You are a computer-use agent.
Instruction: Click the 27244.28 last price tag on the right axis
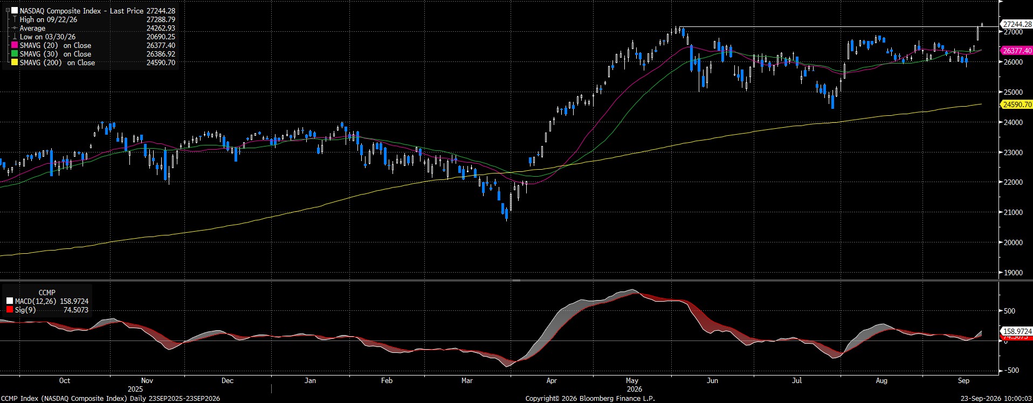(x=1017, y=24)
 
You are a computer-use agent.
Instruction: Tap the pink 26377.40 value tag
(x=1017, y=51)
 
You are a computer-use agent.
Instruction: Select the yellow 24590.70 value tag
(x=1017, y=105)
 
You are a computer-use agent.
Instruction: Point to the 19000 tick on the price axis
(x=1013, y=273)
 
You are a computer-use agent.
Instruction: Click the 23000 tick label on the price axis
(x=1013, y=152)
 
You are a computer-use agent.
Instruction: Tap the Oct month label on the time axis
(x=65, y=380)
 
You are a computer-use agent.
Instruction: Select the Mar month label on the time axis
(x=467, y=380)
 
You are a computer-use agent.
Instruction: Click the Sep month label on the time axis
(x=963, y=380)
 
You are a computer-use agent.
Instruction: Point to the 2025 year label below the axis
(x=135, y=388)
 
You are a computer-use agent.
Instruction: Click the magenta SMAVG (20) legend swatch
(x=15, y=45)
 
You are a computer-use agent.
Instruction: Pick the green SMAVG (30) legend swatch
(x=15, y=54)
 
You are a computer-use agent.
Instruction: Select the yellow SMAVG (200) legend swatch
(x=15, y=62)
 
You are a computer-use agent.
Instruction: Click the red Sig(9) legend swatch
(x=10, y=310)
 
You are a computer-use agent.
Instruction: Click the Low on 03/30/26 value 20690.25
(x=161, y=37)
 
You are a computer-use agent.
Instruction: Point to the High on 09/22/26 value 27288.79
(x=161, y=19)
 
